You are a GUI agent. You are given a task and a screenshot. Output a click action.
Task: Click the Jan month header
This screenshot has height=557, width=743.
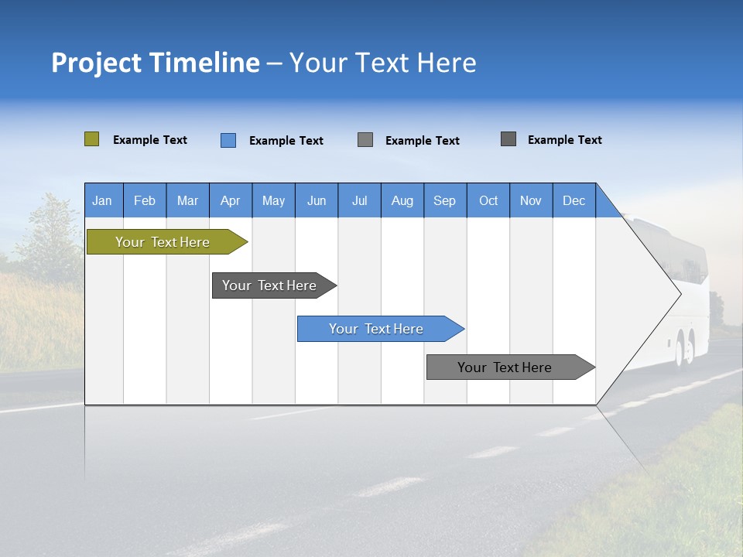(103, 200)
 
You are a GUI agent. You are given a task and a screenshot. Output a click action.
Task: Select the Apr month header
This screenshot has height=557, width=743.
(231, 200)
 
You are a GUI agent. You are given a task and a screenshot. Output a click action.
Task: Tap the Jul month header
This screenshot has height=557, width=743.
(359, 200)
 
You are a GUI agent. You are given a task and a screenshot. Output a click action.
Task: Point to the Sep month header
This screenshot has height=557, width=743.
(445, 200)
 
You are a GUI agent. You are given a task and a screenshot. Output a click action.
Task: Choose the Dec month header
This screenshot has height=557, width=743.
(574, 200)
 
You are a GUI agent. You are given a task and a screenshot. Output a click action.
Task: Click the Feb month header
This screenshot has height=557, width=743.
(145, 200)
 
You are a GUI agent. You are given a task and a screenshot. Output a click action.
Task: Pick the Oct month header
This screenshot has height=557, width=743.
(488, 200)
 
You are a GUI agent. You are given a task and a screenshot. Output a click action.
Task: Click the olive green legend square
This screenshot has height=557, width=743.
(91, 139)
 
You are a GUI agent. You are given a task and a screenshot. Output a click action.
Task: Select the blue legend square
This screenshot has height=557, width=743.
(228, 140)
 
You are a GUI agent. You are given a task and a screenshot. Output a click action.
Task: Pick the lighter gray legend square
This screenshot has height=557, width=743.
(365, 139)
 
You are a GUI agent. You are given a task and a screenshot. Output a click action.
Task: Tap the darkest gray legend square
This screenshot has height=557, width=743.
(508, 139)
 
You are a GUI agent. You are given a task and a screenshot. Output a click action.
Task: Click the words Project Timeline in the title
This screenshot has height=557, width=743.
(156, 63)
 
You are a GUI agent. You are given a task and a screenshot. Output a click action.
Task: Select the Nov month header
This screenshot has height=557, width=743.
(531, 200)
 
